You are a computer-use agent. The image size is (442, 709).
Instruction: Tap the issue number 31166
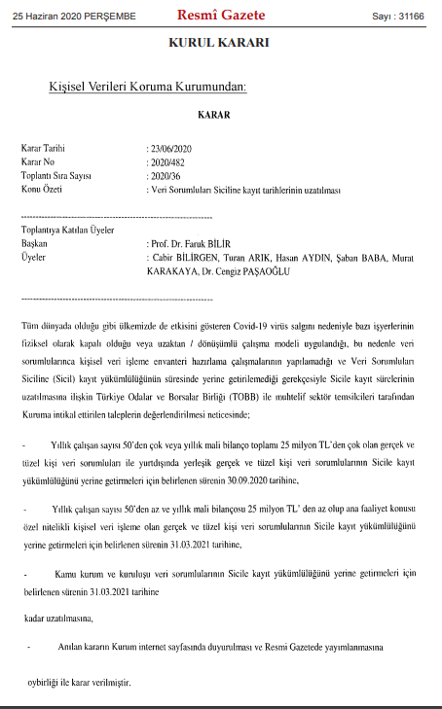coord(419,17)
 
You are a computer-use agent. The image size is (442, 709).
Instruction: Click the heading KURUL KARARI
coord(219,45)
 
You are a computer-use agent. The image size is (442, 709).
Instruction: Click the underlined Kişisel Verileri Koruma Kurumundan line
coord(147,88)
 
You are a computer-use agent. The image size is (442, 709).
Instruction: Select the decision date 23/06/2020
coord(170,148)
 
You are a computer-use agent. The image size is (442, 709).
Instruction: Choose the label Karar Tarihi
coord(44,148)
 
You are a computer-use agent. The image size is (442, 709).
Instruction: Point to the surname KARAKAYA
coord(170,273)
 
